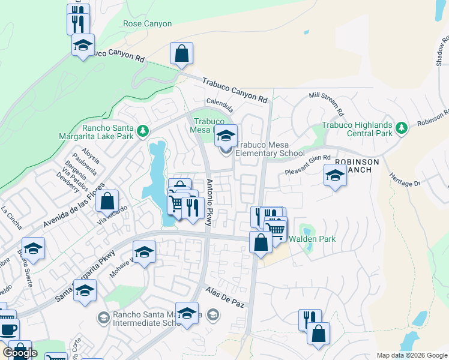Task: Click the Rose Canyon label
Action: [x=147, y=24]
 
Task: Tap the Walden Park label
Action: [x=312, y=239]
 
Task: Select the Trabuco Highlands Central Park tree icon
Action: [x=402, y=127]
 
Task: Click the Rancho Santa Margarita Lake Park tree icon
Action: [x=142, y=130]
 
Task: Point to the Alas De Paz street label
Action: [x=226, y=296]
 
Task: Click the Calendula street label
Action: [x=219, y=103]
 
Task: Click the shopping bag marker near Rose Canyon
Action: [x=181, y=54]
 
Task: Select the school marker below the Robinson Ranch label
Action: [x=335, y=176]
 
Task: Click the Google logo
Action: [x=20, y=353]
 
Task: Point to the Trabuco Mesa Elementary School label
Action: [x=270, y=149]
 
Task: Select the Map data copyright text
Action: [x=412, y=355]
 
